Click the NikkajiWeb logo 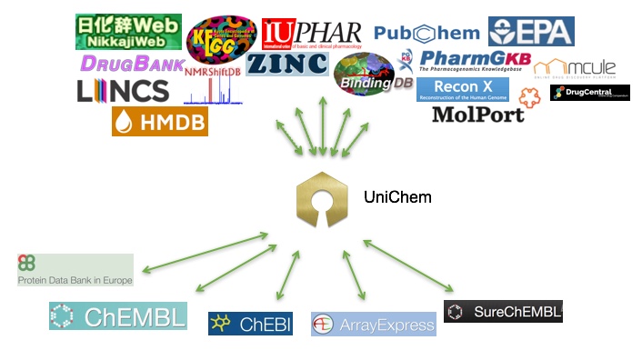(127, 32)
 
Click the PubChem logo (426, 34)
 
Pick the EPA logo (531, 31)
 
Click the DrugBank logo (131, 63)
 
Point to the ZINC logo (286, 64)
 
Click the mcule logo (574, 68)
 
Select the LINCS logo (123, 90)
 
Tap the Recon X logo (463, 89)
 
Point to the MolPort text (477, 115)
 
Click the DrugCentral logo (589, 93)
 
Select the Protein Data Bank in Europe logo (75, 270)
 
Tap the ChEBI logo (250, 323)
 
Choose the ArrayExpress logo (373, 324)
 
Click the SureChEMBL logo (503, 311)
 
